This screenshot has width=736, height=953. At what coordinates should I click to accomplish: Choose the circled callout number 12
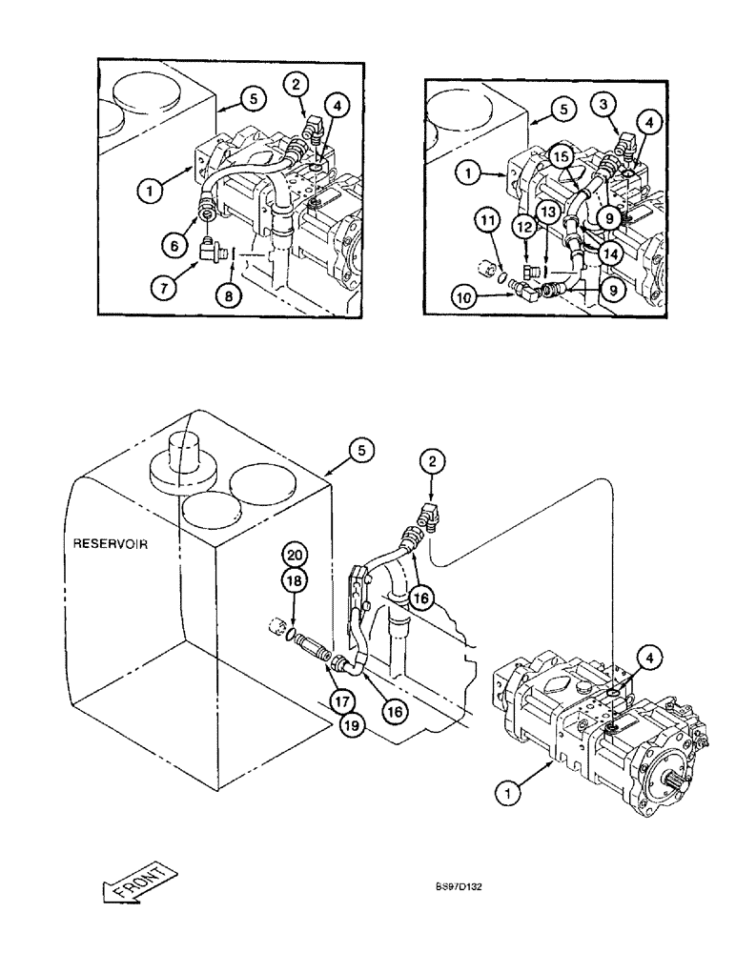pos(527,228)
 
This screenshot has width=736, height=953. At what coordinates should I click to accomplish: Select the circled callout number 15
pos(560,155)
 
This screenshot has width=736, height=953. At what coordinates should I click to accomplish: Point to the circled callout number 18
pos(295,579)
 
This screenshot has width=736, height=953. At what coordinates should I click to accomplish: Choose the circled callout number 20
pos(295,556)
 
